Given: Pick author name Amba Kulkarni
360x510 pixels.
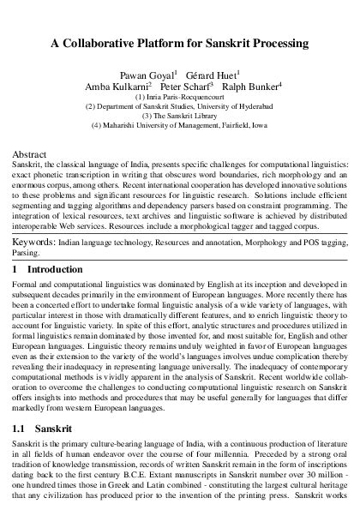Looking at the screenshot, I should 116,87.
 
